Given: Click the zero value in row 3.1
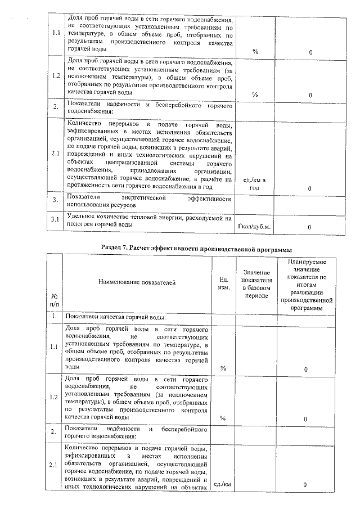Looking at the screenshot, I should [x=310, y=227].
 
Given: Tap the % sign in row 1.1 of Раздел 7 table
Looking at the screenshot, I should [x=223, y=368].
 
